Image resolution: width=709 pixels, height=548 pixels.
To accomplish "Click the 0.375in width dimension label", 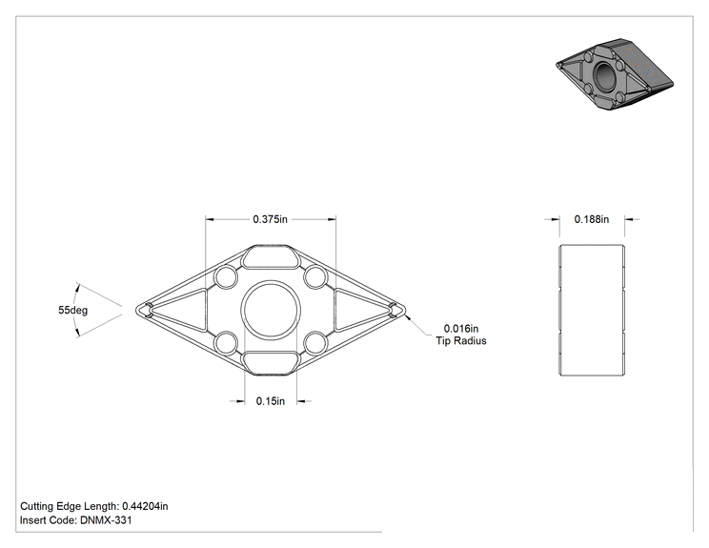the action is [270, 219].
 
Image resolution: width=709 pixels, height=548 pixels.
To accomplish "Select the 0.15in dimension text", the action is [271, 401].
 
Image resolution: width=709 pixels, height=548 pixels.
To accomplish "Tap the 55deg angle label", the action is [72, 310].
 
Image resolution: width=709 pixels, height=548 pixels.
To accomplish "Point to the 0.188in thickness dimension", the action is [592, 219].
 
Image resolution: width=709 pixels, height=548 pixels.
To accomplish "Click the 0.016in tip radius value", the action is [461, 329].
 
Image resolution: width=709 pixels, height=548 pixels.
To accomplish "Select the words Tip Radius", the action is [461, 341].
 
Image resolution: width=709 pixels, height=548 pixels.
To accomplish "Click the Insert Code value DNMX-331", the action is [107, 520].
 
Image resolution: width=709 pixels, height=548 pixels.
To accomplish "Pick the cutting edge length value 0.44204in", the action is [145, 506].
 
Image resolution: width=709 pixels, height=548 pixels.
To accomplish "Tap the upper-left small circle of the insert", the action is [226, 277].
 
